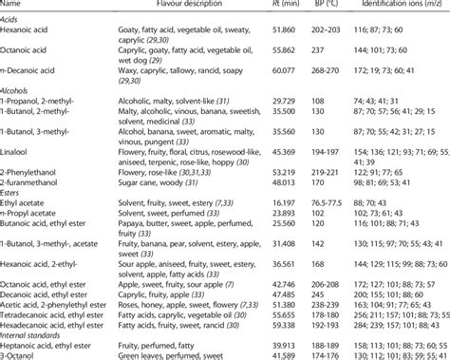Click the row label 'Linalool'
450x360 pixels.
tap(19, 151)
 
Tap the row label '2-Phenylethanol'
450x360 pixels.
tap(32, 170)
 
